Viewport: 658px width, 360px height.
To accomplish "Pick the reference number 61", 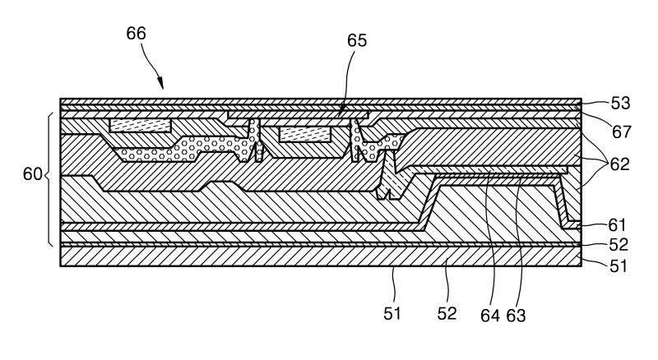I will tap(619, 224).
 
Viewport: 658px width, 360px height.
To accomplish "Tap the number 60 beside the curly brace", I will tap(31, 174).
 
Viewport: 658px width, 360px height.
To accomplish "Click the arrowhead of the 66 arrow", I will tap(160, 86).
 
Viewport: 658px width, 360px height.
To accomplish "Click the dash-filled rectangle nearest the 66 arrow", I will tap(140, 125).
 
